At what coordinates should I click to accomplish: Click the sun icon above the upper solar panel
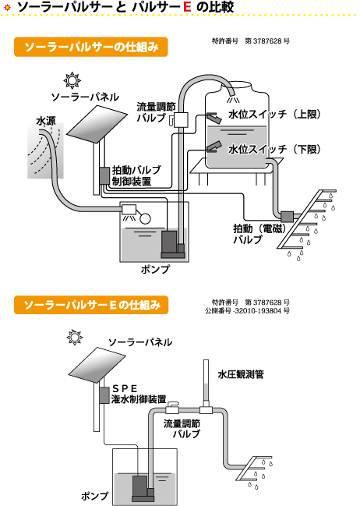tap(72, 80)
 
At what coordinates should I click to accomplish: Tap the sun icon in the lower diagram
tap(75, 338)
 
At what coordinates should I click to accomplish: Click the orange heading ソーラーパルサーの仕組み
tap(91, 47)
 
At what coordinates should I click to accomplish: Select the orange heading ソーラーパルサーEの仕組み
tap(91, 305)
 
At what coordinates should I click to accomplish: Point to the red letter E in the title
tap(187, 7)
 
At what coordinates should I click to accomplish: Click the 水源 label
tap(46, 121)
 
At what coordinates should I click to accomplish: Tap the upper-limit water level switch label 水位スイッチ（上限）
tap(274, 115)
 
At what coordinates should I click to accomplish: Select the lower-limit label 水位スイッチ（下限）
tap(274, 149)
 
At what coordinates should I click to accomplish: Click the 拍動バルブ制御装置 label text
tap(136, 176)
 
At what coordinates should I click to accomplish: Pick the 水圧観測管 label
tap(241, 374)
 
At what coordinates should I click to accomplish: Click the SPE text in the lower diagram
tap(125, 388)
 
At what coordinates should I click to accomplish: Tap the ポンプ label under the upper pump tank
tap(155, 269)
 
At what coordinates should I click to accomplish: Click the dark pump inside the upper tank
tap(169, 244)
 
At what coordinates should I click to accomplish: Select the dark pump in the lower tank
tap(140, 488)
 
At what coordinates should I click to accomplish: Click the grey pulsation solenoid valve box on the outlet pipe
tap(287, 217)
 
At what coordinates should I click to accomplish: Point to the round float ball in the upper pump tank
tap(145, 219)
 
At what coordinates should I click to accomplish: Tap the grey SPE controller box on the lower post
tap(104, 395)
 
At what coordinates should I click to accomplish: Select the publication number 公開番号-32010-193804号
tap(247, 311)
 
